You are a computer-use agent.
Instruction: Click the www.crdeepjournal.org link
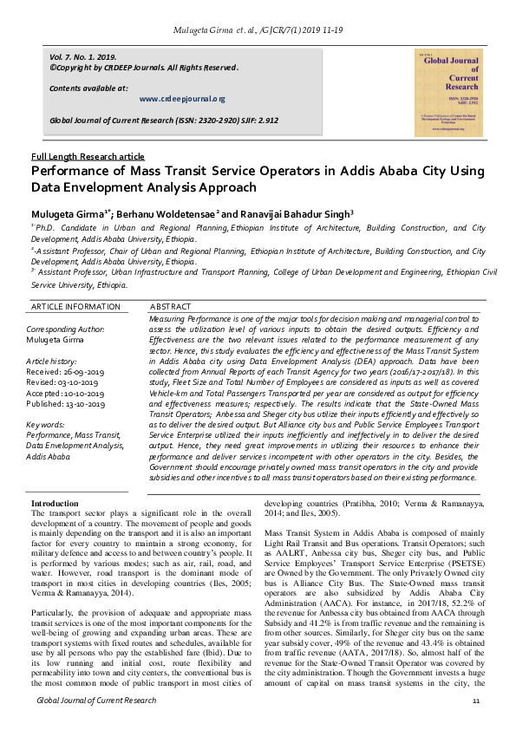click(182, 100)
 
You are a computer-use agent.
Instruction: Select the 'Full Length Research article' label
click(88, 156)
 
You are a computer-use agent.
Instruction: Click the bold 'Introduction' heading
click(55, 504)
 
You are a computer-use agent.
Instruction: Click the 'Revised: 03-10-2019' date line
click(66, 381)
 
